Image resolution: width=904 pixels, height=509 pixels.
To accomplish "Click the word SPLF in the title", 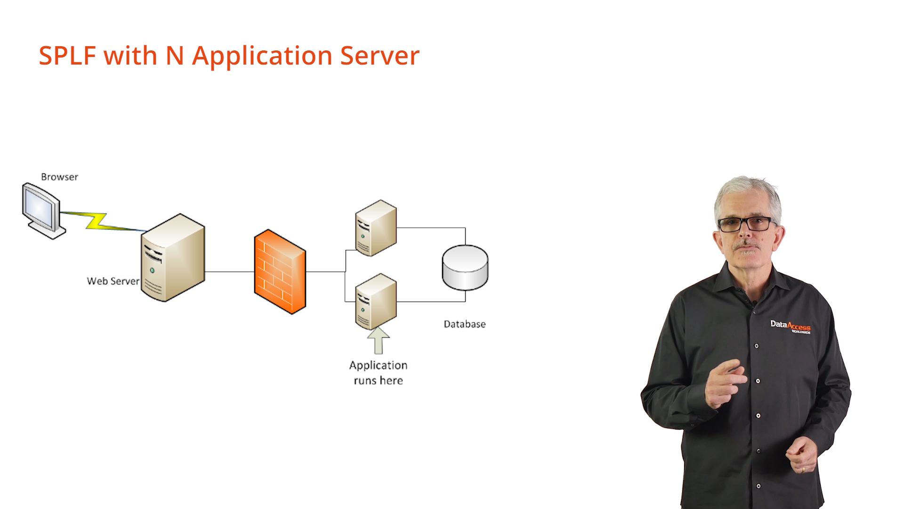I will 67,56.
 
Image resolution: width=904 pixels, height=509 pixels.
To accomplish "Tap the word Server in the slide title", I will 379,56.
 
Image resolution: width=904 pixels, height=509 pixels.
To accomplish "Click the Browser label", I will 59,177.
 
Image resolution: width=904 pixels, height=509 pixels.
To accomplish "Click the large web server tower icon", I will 173,258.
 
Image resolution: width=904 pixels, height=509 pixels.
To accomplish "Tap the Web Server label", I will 113,281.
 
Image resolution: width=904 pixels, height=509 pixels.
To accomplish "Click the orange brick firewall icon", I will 280,271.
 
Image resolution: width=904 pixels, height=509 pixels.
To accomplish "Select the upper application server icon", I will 376,228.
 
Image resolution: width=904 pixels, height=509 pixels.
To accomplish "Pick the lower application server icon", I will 376,302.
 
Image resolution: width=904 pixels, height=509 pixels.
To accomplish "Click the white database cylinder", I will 465,267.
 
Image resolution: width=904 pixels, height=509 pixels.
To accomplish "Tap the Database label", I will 465,324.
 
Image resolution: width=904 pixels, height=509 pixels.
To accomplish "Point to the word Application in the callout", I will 378,365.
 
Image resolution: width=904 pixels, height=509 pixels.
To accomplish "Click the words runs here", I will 378,381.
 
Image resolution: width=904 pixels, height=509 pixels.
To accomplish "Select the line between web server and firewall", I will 229,271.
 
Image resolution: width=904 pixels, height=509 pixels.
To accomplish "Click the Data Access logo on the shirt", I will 790,326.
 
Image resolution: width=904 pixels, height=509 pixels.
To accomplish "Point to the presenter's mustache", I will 747,245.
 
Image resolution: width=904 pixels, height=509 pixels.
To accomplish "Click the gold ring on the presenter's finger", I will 803,469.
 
